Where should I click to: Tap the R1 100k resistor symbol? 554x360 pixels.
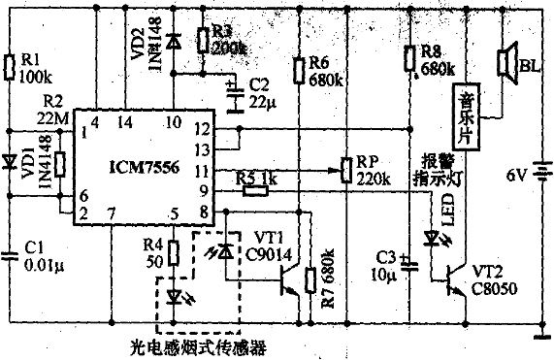[11, 65]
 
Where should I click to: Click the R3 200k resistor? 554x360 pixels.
[201, 39]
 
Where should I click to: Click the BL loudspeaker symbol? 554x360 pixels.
[505, 63]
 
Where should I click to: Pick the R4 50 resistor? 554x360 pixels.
[174, 254]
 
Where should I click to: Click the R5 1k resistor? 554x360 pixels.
[256, 190]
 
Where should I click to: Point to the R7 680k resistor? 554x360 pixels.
[310, 279]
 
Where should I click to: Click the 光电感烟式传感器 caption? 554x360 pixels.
[198, 344]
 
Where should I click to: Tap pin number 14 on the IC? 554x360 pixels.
[123, 122]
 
